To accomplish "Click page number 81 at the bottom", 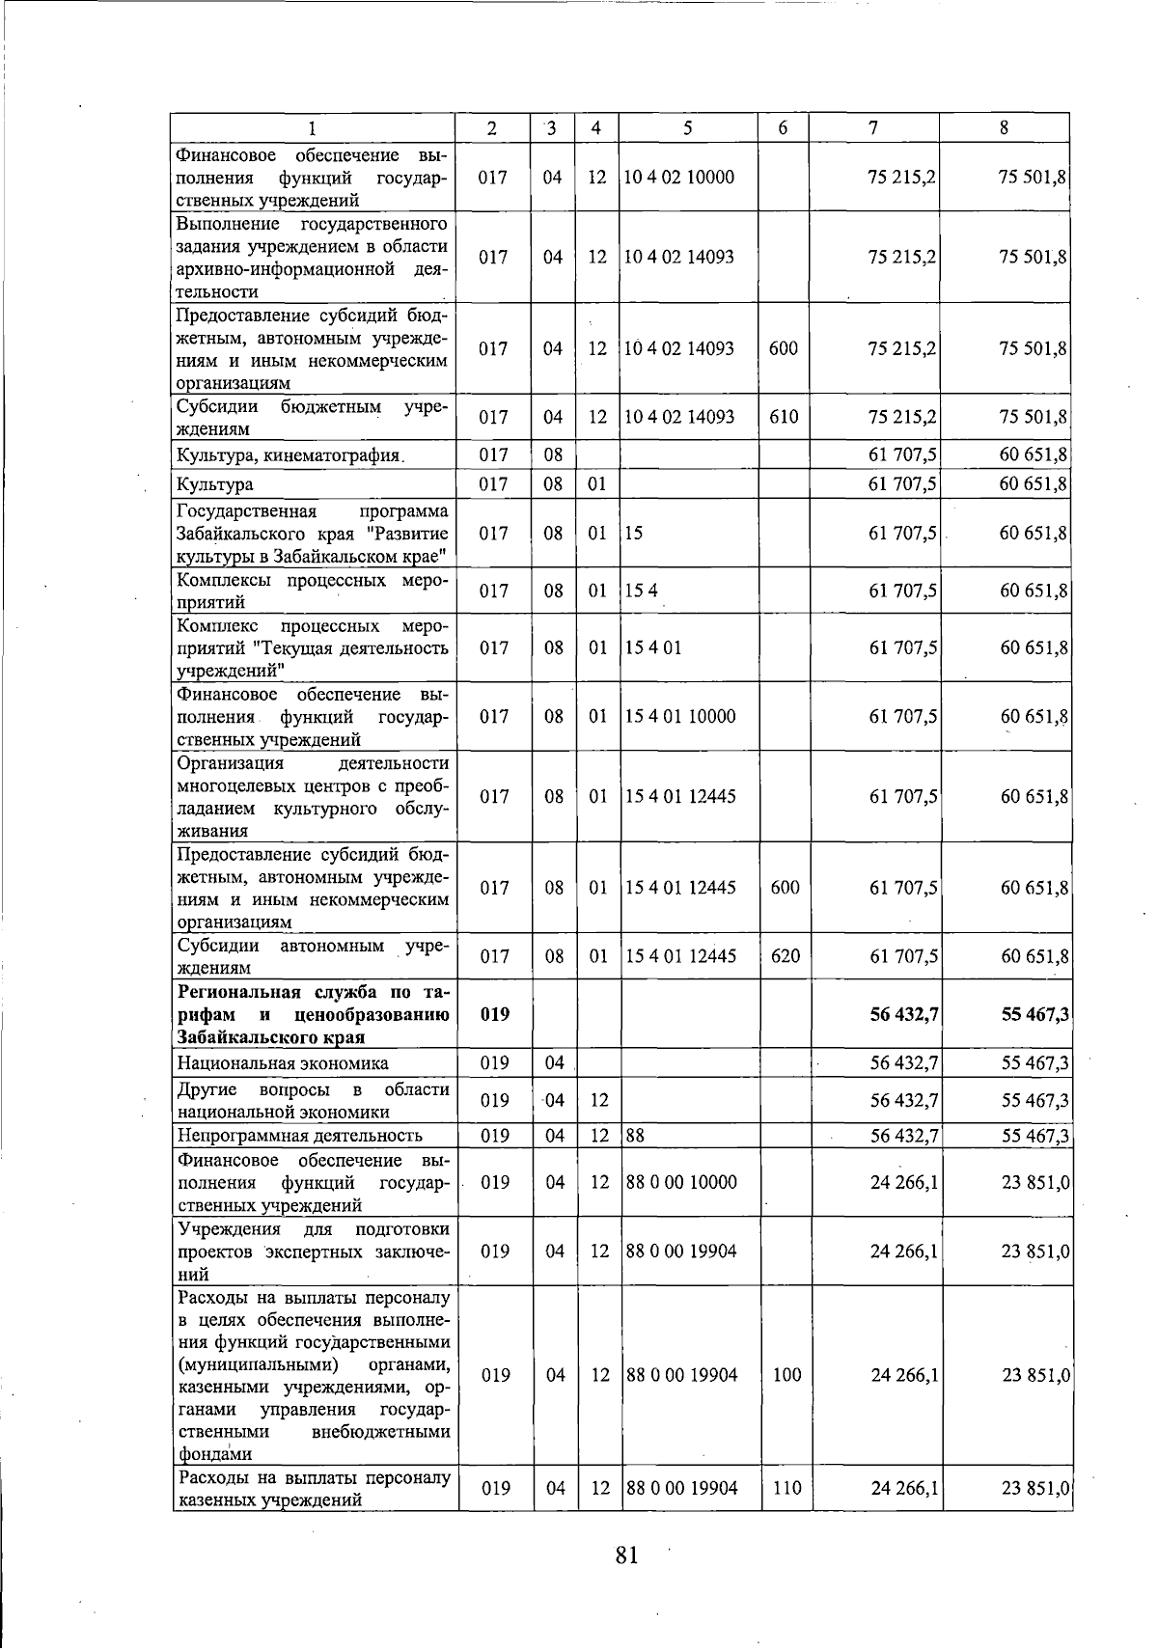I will (x=626, y=1555).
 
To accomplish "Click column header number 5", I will (x=687, y=128).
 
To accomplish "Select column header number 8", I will (x=1005, y=128).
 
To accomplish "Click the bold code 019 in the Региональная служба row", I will (x=494, y=1014).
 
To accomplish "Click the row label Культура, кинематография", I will (x=288, y=455).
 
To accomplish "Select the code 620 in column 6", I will (x=786, y=956).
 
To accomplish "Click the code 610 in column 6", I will (x=784, y=417).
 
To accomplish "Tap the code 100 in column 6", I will (x=787, y=1375).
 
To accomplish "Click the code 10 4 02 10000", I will (x=678, y=178).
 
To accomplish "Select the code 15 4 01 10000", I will (x=680, y=716).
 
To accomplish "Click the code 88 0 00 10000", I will (x=681, y=1182).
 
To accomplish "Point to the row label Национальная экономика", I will (x=282, y=1063).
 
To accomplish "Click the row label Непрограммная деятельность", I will (x=299, y=1136).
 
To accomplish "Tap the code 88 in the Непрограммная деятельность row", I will (x=635, y=1136).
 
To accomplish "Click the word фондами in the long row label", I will (x=213, y=1454).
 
